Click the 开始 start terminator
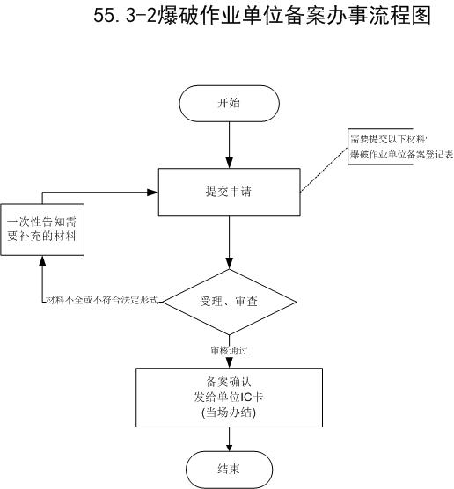coord(229,103)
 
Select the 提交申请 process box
coord(230,192)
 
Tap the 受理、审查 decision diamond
coord(230,302)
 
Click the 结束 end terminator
coord(229,470)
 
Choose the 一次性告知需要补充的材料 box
coord(42,230)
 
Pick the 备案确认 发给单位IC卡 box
coord(229,398)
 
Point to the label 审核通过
coord(230,351)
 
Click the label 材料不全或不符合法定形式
coord(102,300)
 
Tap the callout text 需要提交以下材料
coord(389,139)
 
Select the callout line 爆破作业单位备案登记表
coord(401,155)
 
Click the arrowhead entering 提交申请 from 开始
coord(230,163)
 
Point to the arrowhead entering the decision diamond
coord(230,264)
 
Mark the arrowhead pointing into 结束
coord(230,447)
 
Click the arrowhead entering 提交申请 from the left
coord(152,193)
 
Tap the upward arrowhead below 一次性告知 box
coord(42,261)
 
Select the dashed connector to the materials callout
coord(324,169)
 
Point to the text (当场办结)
coord(229,412)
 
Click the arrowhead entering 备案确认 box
coord(230,362)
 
